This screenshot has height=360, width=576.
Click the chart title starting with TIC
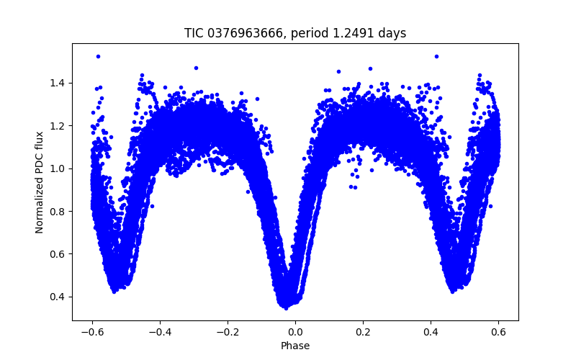click(295, 33)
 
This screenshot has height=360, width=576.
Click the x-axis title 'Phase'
click(295, 346)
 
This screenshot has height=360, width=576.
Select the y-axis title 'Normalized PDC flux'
click(40, 181)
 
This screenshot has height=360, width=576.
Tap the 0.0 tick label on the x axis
click(295, 332)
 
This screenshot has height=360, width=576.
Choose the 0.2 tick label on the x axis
click(364, 332)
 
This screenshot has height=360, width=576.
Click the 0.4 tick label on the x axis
click(431, 332)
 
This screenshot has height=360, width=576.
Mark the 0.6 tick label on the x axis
click(499, 332)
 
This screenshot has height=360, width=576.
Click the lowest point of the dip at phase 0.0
click(287, 307)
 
